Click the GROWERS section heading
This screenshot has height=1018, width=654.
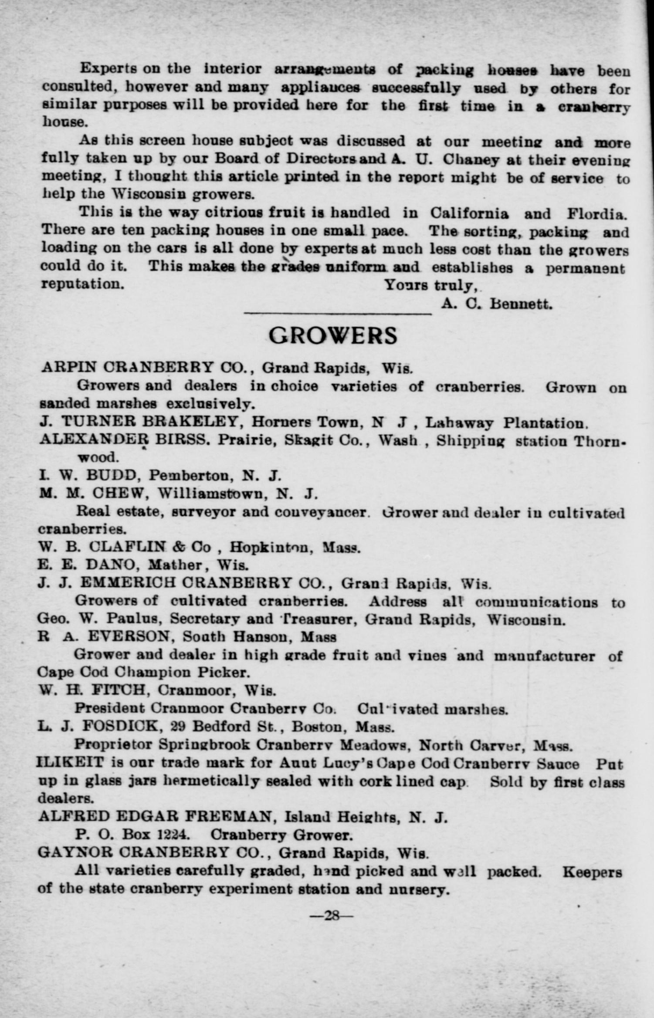coord(333,336)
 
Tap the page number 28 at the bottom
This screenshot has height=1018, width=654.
coord(332,915)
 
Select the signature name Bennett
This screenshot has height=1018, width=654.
coord(521,303)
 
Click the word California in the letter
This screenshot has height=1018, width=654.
coord(469,213)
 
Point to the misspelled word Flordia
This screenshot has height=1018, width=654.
coord(597,214)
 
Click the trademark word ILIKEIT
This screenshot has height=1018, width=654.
coord(71,763)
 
